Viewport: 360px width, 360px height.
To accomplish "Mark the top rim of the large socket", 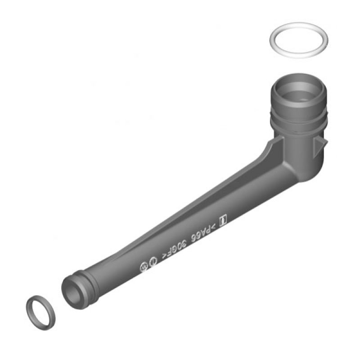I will coord(299,80).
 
